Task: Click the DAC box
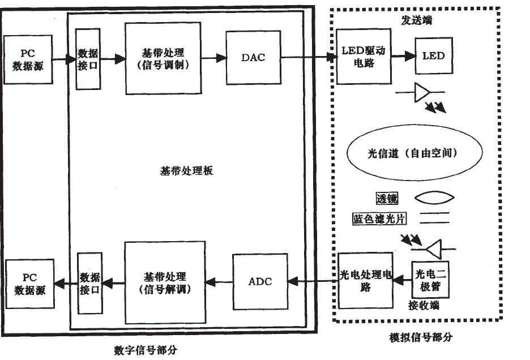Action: pyautogui.click(x=253, y=58)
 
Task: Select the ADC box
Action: pyautogui.click(x=260, y=281)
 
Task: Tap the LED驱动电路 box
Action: pyautogui.click(x=362, y=57)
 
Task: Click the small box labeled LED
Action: pyautogui.click(x=434, y=56)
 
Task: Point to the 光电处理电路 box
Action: pyautogui.click(x=365, y=281)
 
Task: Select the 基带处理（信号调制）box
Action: pyautogui.click(x=163, y=58)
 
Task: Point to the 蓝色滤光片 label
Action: pyautogui.click(x=377, y=218)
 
